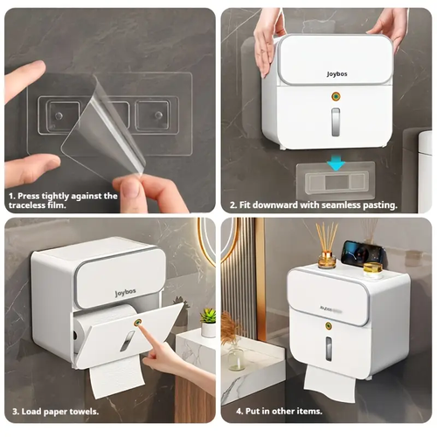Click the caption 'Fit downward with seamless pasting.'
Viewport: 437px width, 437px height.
[x=314, y=205]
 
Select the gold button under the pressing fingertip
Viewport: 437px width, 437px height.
[x=137, y=322]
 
